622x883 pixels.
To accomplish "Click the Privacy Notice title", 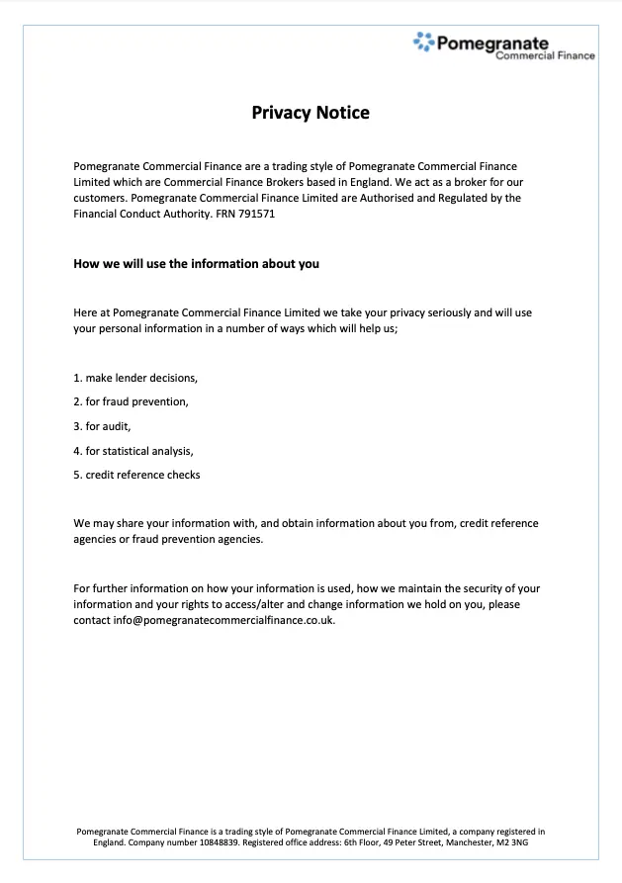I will tap(311, 113).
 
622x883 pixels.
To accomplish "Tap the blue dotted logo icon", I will tap(424, 42).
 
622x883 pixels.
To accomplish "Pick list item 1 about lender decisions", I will tap(135, 378).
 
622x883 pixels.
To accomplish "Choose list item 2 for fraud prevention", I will tap(131, 401).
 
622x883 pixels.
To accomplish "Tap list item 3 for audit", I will tap(102, 426).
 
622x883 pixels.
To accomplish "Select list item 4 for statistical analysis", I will tap(133, 451).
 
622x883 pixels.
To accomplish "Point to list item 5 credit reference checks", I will tap(136, 475).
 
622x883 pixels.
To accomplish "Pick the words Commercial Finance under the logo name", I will tap(545, 56).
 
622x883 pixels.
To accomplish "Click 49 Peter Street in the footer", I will tap(397, 843).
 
